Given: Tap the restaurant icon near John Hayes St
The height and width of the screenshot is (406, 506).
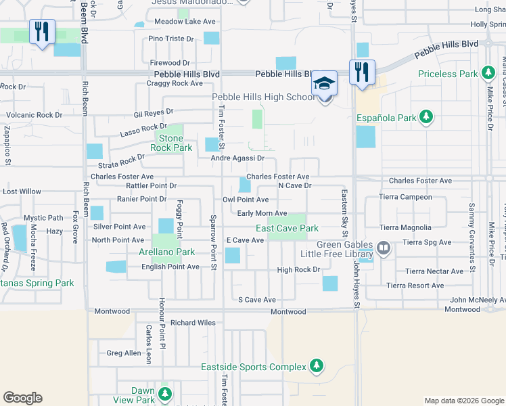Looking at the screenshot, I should click(x=362, y=72).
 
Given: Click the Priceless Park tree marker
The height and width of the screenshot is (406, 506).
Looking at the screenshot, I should click(x=487, y=74).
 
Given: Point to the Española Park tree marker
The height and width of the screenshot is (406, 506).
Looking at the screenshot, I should click(x=425, y=117).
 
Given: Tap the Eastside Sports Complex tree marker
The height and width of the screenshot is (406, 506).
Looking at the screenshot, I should click(x=315, y=367).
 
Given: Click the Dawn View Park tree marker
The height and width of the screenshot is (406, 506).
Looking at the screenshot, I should click(x=164, y=392).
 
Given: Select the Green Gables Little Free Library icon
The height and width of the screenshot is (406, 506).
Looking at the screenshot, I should click(x=384, y=248).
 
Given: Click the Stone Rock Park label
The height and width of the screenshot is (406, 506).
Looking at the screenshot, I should click(x=171, y=143).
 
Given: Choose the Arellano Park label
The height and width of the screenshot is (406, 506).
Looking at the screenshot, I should click(x=166, y=252).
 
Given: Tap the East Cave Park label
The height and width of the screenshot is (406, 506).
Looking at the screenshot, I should click(x=287, y=229).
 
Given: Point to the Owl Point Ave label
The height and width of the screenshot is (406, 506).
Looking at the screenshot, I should click(x=246, y=200).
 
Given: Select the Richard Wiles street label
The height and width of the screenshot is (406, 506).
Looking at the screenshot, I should click(x=193, y=323).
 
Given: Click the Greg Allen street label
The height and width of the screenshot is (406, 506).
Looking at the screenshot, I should click(x=124, y=353).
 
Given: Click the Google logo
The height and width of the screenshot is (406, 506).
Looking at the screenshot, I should click(x=23, y=398).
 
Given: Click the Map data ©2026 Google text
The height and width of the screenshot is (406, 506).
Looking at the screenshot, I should click(x=463, y=401).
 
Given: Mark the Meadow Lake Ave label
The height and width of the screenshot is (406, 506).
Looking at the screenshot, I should click(x=185, y=22).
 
